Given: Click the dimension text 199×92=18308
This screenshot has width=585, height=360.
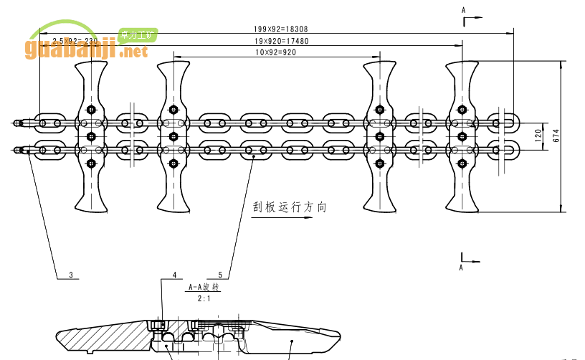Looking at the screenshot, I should (280, 29).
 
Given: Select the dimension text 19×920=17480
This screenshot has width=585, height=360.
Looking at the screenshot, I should (280, 41).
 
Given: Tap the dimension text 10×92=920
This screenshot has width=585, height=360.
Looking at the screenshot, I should (276, 52).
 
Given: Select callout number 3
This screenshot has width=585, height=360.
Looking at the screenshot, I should (71, 274).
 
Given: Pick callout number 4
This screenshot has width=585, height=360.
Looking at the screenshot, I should (174, 274).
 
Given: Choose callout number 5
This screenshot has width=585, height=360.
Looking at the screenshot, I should (219, 274).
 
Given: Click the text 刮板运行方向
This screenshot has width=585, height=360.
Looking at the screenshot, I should (289, 207).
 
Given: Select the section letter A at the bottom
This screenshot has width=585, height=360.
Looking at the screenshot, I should (463, 266).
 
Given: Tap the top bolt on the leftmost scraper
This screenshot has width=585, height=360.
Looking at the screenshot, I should (90, 110).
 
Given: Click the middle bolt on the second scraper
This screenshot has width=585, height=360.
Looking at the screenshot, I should (173, 136).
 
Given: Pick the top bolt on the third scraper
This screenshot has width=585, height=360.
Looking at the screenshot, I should (379, 110).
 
